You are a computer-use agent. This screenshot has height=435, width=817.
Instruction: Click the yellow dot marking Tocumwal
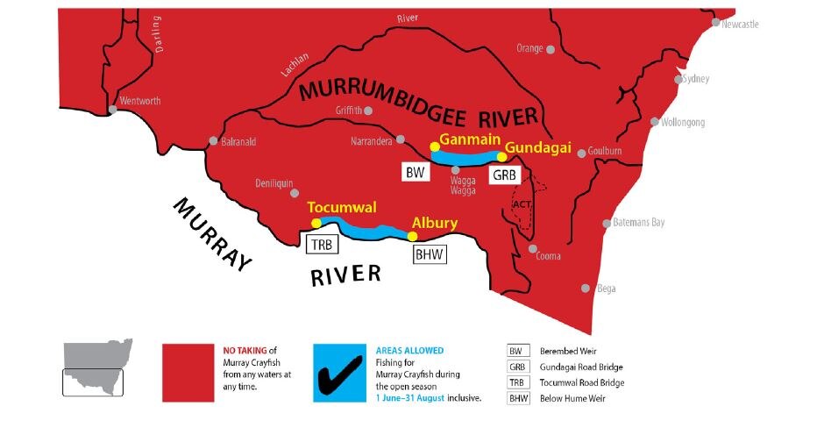(316, 223)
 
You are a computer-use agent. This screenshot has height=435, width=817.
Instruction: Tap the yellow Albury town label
(435, 224)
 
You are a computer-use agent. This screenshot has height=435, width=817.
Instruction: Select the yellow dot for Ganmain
(434, 146)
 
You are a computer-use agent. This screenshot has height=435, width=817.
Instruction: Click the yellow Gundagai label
(538, 148)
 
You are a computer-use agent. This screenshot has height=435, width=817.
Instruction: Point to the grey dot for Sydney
(678, 80)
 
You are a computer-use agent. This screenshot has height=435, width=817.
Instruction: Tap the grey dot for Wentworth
(112, 110)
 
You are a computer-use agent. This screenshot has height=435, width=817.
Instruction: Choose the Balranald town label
(242, 140)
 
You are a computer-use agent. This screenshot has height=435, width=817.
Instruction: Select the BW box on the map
(416, 172)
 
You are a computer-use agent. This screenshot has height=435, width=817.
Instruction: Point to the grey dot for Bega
(586, 288)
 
